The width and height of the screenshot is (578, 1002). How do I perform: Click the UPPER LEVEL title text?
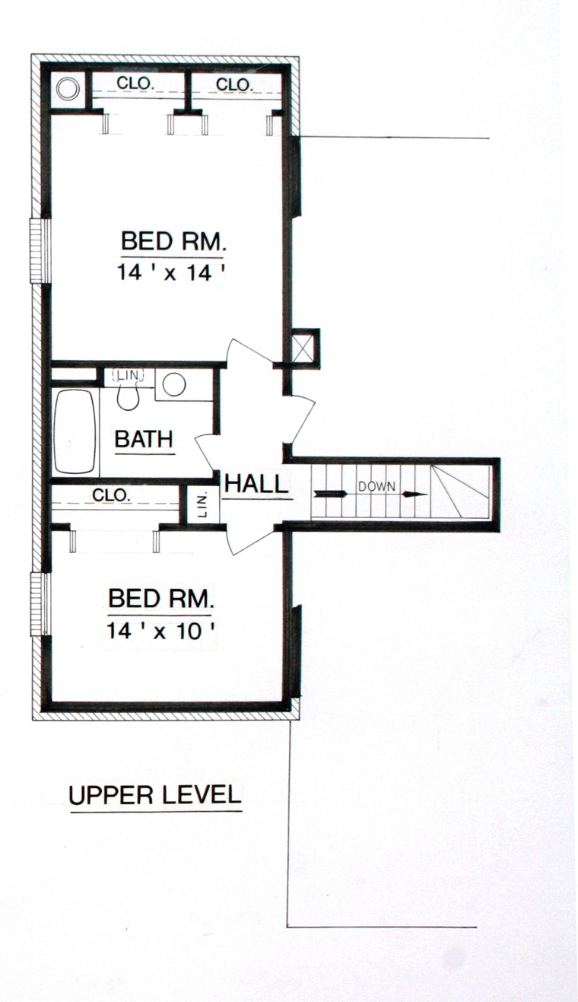click(155, 795)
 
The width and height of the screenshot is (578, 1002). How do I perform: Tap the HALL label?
click(256, 484)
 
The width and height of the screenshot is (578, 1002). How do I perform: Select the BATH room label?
click(144, 439)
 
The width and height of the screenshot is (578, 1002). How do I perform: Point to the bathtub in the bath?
click(75, 431)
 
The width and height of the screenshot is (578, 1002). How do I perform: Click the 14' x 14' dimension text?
click(170, 272)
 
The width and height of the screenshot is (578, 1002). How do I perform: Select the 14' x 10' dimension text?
click(160, 631)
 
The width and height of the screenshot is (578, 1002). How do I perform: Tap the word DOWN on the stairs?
click(376, 486)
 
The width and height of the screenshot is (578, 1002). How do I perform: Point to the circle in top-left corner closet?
click(68, 88)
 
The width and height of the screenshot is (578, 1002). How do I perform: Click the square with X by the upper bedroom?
click(305, 345)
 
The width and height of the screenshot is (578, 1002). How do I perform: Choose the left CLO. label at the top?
click(136, 83)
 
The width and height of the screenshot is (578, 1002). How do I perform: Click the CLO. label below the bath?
click(111, 495)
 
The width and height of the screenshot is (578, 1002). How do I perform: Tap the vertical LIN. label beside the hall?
click(203, 505)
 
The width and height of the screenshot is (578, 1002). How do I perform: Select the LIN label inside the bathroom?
click(129, 374)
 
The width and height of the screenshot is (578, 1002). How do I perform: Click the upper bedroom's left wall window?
click(40, 250)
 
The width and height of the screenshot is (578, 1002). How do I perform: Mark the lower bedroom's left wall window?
click(40, 604)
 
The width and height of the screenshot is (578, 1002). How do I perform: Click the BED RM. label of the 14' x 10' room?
click(161, 598)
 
